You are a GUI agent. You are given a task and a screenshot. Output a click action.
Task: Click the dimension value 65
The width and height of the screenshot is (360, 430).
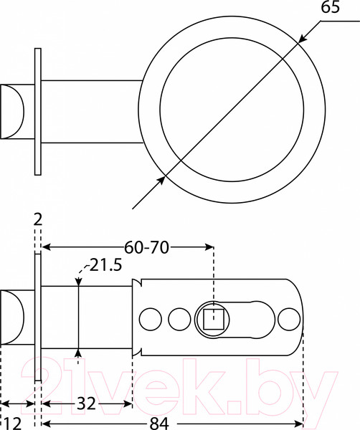(x=330, y=7)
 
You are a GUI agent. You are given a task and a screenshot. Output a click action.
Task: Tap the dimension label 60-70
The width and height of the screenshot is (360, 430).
(x=146, y=247)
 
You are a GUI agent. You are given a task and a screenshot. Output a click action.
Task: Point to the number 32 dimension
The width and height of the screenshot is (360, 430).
(x=86, y=403)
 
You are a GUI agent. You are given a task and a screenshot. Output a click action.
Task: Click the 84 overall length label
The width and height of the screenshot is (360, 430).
(x=159, y=424)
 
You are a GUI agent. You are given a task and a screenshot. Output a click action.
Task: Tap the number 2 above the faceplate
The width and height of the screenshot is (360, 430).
(x=38, y=220)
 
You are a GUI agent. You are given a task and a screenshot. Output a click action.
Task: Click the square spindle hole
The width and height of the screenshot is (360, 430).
(x=214, y=319)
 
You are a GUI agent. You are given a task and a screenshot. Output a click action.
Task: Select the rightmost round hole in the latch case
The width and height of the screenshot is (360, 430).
(x=289, y=319)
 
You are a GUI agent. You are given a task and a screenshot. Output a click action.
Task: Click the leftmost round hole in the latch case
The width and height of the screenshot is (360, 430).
(x=151, y=319)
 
